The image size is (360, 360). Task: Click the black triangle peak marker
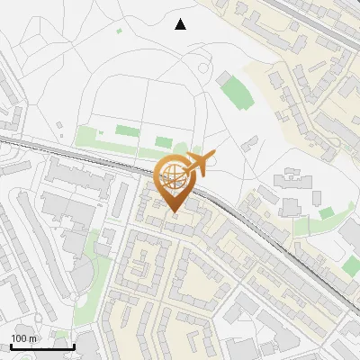coord(181,24)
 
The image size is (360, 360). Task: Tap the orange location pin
coord(175,184)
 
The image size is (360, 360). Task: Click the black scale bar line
coord(41,346)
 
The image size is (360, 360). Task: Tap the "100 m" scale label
coord(23,338)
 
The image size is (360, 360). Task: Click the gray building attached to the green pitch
coord(224,79)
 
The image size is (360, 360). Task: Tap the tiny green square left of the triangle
coord(119,31)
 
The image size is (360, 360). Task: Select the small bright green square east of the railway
coord(327,212)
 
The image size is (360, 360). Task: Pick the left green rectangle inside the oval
coord(127,131)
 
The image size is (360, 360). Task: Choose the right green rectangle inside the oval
coord(163,141)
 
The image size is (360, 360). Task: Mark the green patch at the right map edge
coord(352,266)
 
